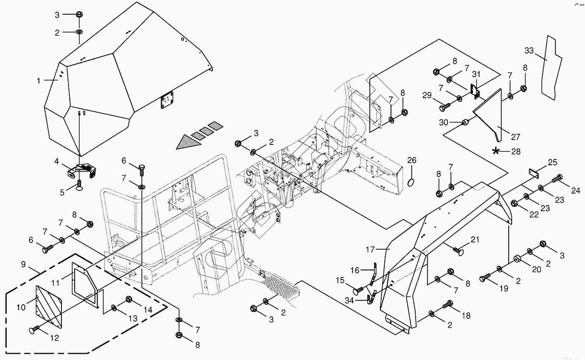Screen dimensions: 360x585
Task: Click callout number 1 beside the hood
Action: tap(39, 81)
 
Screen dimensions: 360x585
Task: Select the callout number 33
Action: tap(529, 51)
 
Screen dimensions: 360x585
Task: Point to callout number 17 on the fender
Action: tap(370, 250)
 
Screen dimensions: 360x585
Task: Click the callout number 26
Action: tap(412, 160)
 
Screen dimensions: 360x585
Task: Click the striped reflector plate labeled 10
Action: tap(49, 306)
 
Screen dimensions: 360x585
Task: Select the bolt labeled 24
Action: tap(556, 179)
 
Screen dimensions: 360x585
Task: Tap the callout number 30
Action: tap(443, 122)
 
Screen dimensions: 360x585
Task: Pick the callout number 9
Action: tap(23, 264)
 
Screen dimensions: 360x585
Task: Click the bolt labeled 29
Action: tap(445, 107)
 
